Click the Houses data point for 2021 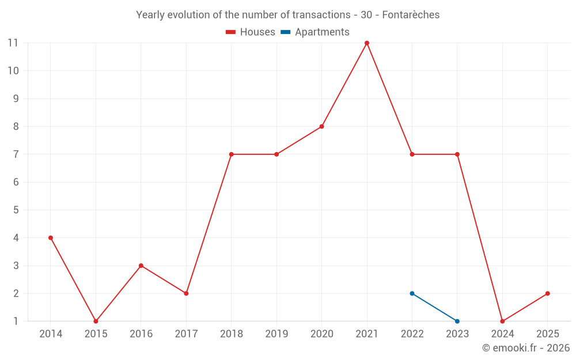click(367, 43)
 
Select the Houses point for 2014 click(51, 238)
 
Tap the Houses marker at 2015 click(96, 321)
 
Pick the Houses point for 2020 click(321, 127)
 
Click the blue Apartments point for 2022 click(412, 294)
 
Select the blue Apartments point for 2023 click(457, 321)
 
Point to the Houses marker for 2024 click(502, 321)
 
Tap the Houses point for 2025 click(548, 294)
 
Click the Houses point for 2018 click(231, 154)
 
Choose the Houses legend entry click(251, 32)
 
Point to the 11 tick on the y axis click(13, 43)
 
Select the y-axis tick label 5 click(16, 210)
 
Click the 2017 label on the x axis click(186, 334)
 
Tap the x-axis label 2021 click(367, 334)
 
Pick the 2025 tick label click(548, 334)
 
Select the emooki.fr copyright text click(526, 348)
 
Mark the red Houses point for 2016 click(141, 266)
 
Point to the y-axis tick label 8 click(16, 127)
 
